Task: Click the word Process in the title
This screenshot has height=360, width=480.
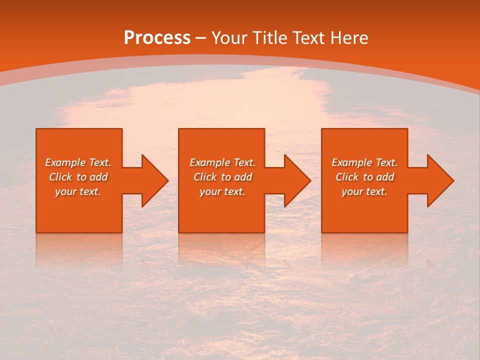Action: click(157, 38)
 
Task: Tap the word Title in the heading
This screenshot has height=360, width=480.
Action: click(269, 38)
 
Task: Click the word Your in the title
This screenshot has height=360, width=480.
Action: click(229, 38)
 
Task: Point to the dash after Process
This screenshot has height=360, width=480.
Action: click(201, 38)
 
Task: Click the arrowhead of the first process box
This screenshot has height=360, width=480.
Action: click(154, 180)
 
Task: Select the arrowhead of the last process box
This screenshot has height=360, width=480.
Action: click(440, 180)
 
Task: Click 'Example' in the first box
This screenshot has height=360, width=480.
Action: click(65, 162)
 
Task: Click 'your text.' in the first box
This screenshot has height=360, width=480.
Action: click(78, 191)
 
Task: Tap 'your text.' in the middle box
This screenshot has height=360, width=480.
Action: click(222, 191)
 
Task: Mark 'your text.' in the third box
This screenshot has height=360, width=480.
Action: click(364, 191)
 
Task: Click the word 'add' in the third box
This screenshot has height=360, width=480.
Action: click(385, 177)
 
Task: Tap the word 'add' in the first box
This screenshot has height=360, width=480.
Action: click(98, 177)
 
